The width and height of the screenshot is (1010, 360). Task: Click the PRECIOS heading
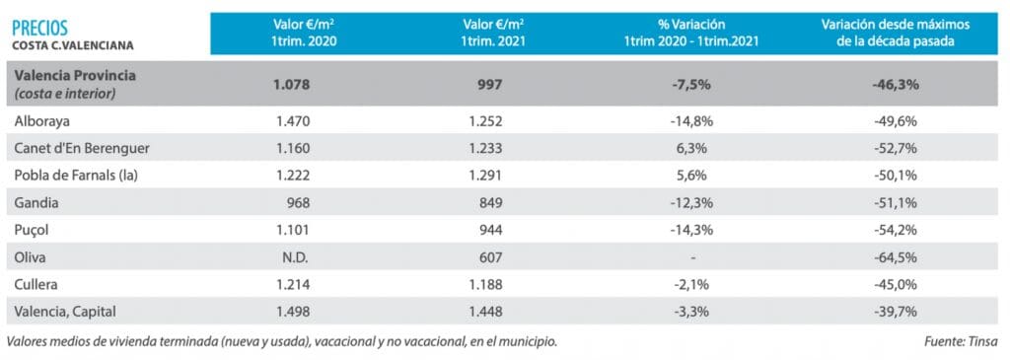39,28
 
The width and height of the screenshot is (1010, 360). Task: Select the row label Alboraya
41,121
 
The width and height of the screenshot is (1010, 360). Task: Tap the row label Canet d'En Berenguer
83,148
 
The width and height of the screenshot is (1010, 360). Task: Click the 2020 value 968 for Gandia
298,203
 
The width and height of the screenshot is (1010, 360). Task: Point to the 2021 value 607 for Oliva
490,257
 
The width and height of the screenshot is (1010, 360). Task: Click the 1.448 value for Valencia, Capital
484,312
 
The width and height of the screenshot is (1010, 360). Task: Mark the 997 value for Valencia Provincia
490,85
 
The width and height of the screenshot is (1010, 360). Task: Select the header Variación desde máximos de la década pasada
896,32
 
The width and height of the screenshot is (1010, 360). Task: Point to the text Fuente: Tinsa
961,341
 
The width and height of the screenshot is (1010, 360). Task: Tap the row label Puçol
33,230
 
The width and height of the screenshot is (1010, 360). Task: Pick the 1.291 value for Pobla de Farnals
484,176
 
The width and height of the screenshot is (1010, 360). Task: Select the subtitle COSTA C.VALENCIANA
73,45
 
